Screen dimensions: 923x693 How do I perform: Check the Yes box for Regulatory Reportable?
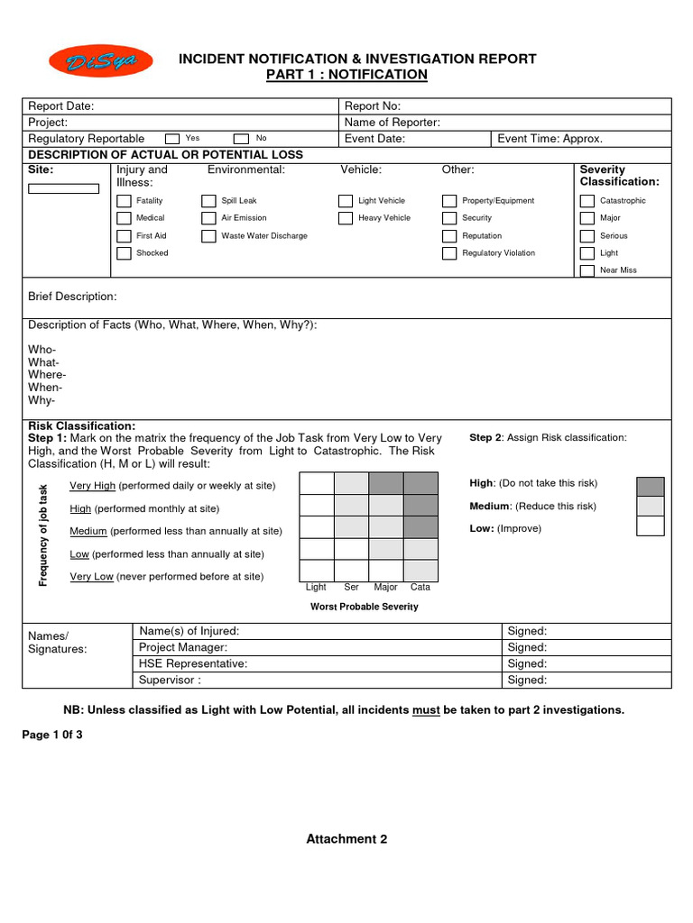point(172,139)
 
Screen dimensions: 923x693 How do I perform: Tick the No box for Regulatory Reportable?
point(241,139)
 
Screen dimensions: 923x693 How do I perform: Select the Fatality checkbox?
point(125,201)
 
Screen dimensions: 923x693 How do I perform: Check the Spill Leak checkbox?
point(208,201)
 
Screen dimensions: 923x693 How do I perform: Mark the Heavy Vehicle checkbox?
point(346,218)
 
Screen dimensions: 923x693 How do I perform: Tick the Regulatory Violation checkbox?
point(449,253)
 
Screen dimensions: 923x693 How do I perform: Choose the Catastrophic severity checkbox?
point(587,201)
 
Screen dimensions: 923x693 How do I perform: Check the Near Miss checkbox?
point(587,270)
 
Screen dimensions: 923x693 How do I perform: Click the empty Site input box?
point(63,188)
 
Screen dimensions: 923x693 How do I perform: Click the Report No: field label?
point(373,106)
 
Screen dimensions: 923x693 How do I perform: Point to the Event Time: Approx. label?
point(550,139)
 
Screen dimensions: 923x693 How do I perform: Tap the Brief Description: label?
point(72,297)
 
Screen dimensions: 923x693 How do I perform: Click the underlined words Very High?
point(92,486)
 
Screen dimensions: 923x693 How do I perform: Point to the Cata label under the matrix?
point(420,587)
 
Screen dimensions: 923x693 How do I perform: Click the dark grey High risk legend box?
point(650,487)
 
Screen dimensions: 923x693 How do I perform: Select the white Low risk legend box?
point(650,526)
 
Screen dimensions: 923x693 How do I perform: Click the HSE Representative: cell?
point(193,663)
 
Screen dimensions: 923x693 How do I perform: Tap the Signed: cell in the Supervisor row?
point(528,681)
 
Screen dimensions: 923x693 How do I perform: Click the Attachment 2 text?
point(346,839)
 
